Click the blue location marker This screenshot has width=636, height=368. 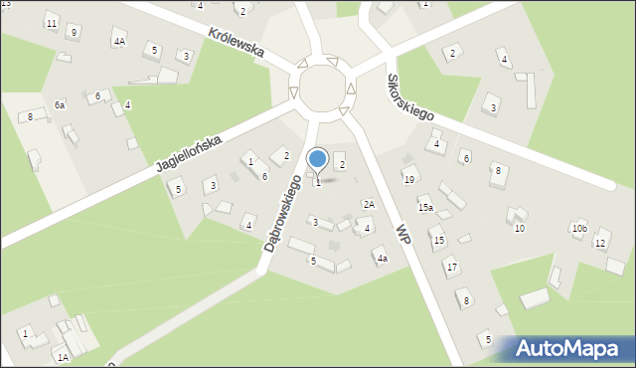click(x=318, y=158)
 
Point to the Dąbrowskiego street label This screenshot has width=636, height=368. click(x=284, y=213)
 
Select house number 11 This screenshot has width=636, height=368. click(x=51, y=23)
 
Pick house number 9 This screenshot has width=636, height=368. click(x=74, y=32)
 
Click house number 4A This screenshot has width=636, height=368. click(x=119, y=41)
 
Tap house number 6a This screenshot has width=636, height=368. click(x=60, y=104)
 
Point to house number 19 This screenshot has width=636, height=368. click(x=408, y=179)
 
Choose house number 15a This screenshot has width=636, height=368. click(x=425, y=208)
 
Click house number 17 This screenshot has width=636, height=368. click(x=451, y=267)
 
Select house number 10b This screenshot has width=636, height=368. click(x=579, y=229)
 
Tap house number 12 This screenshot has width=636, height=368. click(x=600, y=243)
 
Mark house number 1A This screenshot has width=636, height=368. click(x=62, y=357)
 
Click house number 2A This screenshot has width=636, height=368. click(x=369, y=204)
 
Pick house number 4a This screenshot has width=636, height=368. click(x=381, y=259)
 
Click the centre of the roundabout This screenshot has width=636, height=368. click(x=322, y=88)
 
